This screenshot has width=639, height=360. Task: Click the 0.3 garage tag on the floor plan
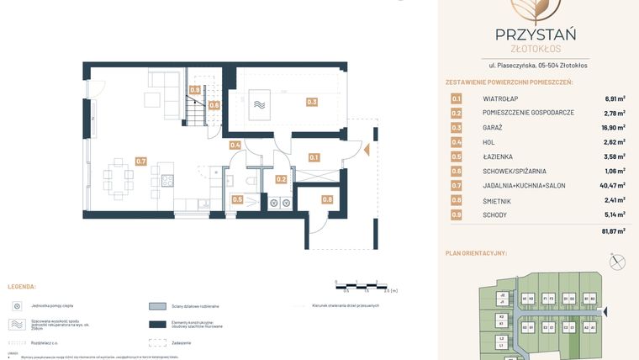312,102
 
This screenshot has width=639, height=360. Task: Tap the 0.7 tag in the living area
140,161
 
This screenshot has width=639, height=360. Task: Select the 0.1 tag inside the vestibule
314,157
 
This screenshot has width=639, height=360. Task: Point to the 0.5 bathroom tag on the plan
237,199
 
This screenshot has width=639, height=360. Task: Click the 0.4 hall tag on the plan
235,146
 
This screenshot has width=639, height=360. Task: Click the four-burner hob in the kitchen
167,180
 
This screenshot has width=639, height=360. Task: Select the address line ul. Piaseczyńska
538,65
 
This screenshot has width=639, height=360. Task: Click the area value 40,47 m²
610,185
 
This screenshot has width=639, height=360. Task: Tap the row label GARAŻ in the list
493,127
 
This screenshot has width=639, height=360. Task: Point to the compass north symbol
618,262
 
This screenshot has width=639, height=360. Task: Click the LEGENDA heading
21,286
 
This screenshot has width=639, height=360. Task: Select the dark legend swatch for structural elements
157,325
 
